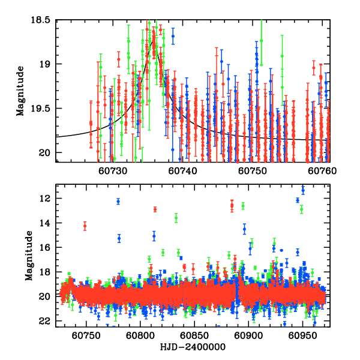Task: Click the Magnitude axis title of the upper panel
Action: point(22,91)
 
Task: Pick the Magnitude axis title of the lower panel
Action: point(29,259)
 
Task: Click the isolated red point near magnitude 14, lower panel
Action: point(85,226)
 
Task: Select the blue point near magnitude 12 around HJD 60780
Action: point(118,201)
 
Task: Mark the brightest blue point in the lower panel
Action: point(302,190)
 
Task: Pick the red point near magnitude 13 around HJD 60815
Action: point(155,209)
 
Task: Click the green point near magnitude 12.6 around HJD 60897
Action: point(243,206)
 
